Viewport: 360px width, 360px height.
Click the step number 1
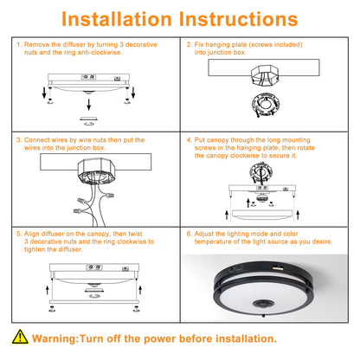19,43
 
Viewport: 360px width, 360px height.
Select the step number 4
190,138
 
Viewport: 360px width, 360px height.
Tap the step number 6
190,233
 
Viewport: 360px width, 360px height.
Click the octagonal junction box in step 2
256,74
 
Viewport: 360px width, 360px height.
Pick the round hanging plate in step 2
256,105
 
